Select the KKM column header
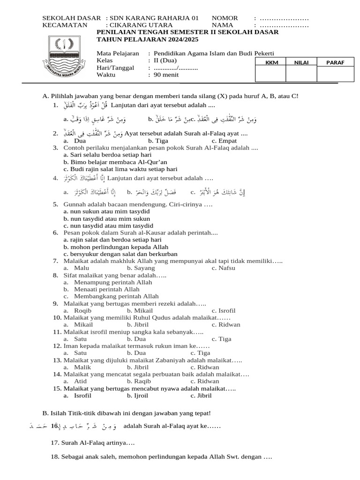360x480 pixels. click(270, 62)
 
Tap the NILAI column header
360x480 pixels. click(300, 62)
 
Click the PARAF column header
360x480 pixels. click(332, 62)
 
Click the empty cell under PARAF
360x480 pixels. click(332, 74)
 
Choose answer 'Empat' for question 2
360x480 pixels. click(224, 141)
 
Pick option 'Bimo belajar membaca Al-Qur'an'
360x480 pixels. click(115, 162)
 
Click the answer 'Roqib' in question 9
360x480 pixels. click(82, 310)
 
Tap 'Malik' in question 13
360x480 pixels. click(82, 367)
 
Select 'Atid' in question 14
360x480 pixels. click(81, 382)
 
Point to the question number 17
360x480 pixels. click(54, 442)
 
